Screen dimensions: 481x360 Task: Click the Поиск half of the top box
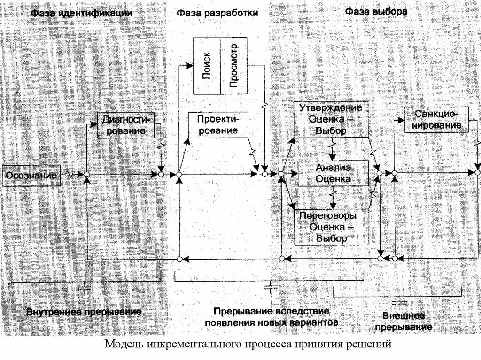click(x=207, y=65)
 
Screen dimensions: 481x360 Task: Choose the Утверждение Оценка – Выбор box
click(x=331, y=119)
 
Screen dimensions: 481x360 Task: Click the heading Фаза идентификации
click(x=82, y=13)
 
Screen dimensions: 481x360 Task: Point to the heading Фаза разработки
click(x=217, y=13)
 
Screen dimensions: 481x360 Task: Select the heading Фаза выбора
click(x=376, y=11)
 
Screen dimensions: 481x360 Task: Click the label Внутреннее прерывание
click(x=84, y=312)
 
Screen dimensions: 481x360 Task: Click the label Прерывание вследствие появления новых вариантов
click(x=271, y=317)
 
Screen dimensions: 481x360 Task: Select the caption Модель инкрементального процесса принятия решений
click(x=248, y=345)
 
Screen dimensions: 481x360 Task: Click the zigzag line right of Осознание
click(x=71, y=175)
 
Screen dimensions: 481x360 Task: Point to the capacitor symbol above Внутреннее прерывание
click(x=85, y=288)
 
